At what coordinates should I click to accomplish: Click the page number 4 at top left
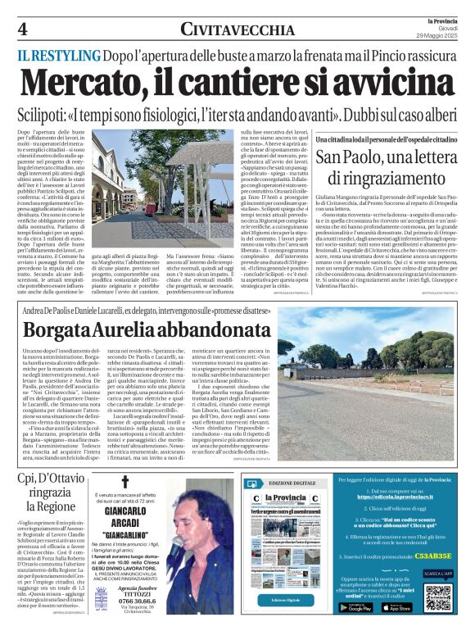pyautogui.click(x=23, y=28)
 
